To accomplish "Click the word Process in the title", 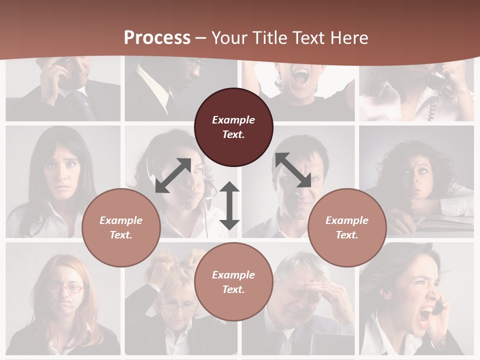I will [x=157, y=38].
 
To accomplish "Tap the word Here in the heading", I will [x=347, y=38].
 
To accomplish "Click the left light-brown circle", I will [x=121, y=227].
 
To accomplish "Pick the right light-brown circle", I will [x=347, y=227].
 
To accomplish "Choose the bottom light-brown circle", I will [x=233, y=281].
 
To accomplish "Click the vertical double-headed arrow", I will [x=229, y=205].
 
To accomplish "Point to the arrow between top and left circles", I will [x=173, y=175].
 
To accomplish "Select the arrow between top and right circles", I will [x=293, y=170].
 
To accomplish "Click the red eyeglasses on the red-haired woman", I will [x=65, y=288].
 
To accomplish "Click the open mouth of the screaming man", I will [x=301, y=76].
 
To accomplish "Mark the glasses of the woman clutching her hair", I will [x=178, y=306].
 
